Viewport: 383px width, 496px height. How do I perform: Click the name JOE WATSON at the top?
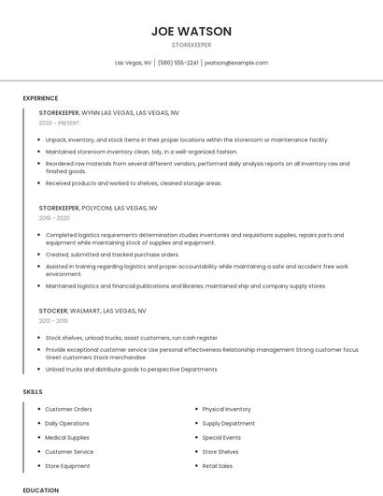(x=191, y=31)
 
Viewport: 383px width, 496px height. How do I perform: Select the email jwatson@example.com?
(x=235, y=63)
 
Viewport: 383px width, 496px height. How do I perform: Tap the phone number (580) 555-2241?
(x=177, y=63)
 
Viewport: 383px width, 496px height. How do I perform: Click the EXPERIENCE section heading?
(x=40, y=98)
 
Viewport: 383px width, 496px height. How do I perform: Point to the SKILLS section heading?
(x=32, y=391)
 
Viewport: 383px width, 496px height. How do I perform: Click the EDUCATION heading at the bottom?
(x=40, y=489)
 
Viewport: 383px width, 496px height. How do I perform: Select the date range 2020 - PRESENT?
(x=59, y=123)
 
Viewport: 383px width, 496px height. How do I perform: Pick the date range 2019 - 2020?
(x=54, y=218)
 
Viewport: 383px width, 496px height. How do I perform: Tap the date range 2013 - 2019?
(x=54, y=320)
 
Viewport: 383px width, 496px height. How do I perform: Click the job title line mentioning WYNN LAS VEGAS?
(x=108, y=112)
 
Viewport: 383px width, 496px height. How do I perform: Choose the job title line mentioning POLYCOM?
(x=98, y=208)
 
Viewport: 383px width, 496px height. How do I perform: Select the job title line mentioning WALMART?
(x=92, y=310)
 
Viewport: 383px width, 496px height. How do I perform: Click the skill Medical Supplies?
(x=67, y=437)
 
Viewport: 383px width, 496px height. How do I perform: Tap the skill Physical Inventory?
(x=226, y=409)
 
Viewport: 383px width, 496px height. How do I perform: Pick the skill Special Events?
(x=221, y=437)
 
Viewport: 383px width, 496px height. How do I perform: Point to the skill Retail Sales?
(x=218, y=465)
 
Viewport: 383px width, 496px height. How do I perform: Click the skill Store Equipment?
(x=67, y=465)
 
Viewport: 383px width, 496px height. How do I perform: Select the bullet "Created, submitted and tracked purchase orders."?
(x=112, y=254)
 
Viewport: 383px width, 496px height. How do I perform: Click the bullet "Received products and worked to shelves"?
(x=133, y=182)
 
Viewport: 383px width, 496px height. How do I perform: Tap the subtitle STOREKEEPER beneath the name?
(x=191, y=44)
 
